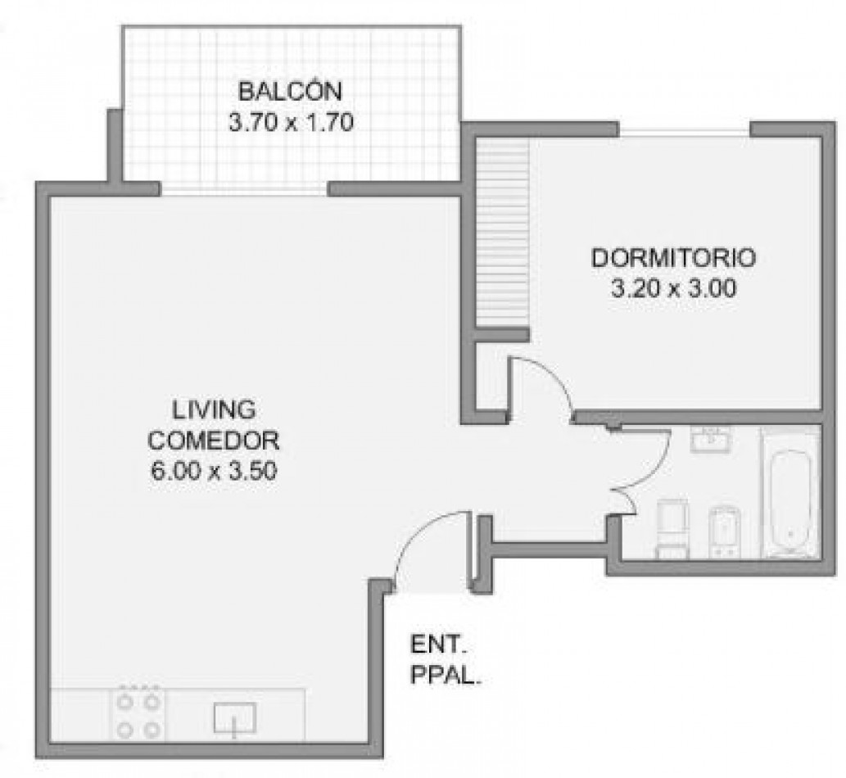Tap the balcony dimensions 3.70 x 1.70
(291, 123)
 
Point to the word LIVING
(214, 409)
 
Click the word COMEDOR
(214, 441)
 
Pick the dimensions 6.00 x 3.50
(214, 471)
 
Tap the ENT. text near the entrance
(439, 645)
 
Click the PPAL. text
(446, 675)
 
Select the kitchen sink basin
(234, 718)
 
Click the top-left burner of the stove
(125, 701)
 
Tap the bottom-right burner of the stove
(153, 731)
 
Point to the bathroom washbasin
(711, 439)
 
